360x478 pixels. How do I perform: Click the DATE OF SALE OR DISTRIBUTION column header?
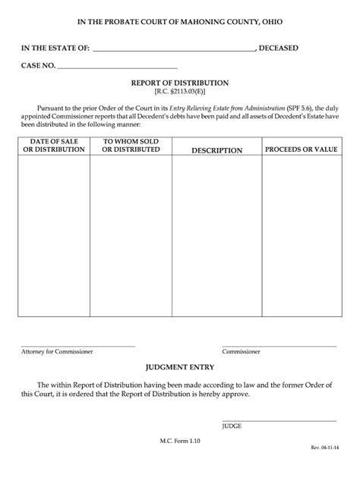tap(54, 146)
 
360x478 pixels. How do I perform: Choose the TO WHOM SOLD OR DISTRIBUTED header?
tap(131, 146)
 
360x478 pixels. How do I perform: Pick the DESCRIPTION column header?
tap(216, 150)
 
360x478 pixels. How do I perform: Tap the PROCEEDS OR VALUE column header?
tap(301, 149)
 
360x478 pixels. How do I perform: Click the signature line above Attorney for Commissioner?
tap(77, 345)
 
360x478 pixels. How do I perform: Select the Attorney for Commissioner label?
tap(58, 352)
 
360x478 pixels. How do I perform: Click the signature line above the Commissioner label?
tap(279, 345)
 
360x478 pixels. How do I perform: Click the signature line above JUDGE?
tap(279, 420)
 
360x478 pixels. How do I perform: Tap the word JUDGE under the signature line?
tap(232, 426)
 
